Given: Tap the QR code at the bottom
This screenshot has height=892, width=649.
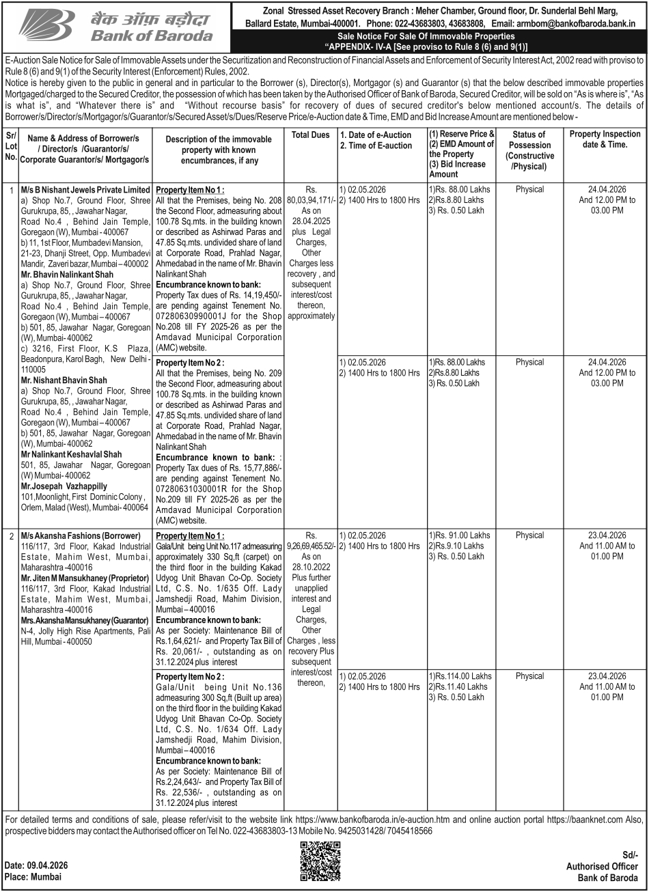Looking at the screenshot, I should (320, 861).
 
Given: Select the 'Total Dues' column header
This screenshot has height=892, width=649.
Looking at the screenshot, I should (311, 135).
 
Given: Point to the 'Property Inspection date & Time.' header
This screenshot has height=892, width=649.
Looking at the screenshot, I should (605, 139).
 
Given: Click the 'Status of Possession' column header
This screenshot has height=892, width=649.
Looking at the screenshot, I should (529, 150).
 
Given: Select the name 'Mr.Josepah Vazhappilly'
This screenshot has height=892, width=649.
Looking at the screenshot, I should (64, 486).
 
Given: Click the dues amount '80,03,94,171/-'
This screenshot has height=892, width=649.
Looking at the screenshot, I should (311, 199).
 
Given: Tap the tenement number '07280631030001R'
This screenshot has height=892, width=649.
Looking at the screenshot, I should (190, 489).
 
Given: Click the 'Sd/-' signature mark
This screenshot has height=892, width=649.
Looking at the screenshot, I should (630, 854).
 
